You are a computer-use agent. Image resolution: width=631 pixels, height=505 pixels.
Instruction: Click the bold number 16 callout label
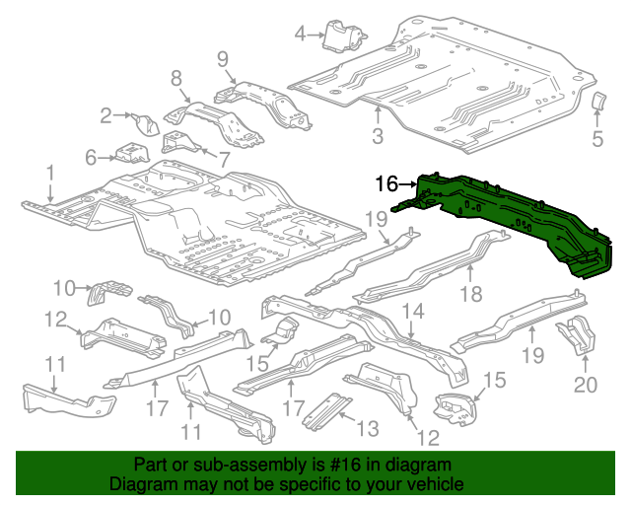386,183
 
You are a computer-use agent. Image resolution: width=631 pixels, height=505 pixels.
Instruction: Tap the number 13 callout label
367,427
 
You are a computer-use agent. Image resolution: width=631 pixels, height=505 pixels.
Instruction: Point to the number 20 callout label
587,384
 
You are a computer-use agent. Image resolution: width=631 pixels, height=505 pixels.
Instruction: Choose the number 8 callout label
176,78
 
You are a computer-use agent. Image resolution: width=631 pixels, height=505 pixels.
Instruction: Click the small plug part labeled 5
597,102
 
